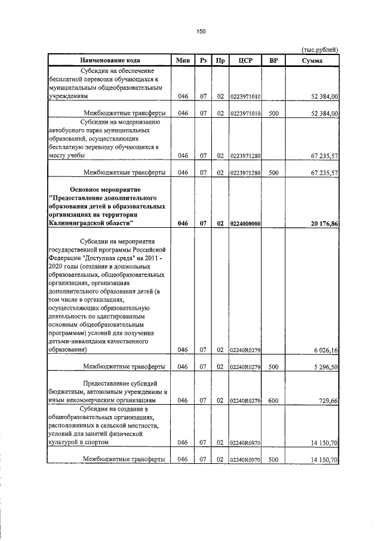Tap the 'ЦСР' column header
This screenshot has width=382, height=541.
[245, 60]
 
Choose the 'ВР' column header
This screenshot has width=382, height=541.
[274, 60]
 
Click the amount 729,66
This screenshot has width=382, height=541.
[328, 400]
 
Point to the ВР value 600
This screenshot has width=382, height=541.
[274, 400]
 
